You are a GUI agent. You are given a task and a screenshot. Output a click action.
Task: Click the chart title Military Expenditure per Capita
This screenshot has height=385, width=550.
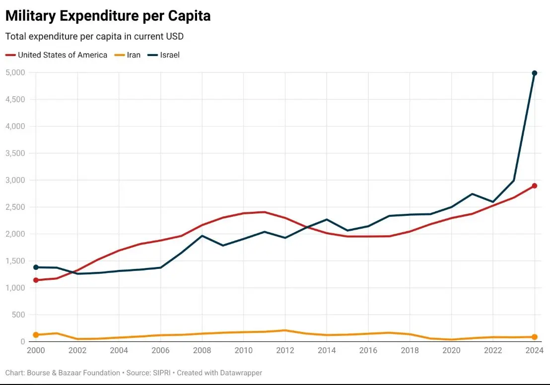pyautogui.click(x=108, y=16)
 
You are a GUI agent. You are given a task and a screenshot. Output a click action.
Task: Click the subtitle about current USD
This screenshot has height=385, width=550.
pyautogui.click(x=94, y=36)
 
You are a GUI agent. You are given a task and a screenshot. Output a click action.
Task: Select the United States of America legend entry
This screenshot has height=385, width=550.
pyautogui.click(x=62, y=55)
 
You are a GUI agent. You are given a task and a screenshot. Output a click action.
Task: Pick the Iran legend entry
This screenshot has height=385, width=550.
pyautogui.click(x=134, y=55)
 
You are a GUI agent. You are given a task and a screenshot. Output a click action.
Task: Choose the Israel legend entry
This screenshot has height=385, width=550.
pyautogui.click(x=169, y=55)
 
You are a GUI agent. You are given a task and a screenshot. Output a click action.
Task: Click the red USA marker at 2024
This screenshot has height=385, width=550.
pyautogui.click(x=534, y=186)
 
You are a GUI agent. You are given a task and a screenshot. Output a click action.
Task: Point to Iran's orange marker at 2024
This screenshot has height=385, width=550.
pyautogui.click(x=534, y=337)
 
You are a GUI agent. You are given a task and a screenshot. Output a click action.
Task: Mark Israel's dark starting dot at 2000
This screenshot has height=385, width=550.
pyautogui.click(x=36, y=267)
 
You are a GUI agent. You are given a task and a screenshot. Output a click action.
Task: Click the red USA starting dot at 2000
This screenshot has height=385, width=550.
pyautogui.click(x=36, y=280)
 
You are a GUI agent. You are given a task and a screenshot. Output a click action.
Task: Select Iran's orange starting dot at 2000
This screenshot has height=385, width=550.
pyautogui.click(x=36, y=335)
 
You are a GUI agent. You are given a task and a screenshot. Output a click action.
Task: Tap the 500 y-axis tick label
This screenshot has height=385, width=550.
pyautogui.click(x=18, y=315)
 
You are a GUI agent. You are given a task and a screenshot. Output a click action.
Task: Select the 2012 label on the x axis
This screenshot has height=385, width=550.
pyautogui.click(x=285, y=350)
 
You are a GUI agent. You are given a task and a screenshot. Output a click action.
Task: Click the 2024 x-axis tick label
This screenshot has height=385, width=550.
pyautogui.click(x=533, y=350)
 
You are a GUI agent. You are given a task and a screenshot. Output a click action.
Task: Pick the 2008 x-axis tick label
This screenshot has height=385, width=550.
pyautogui.click(x=202, y=350)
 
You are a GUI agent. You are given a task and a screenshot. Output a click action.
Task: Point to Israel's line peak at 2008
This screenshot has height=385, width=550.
pyautogui.click(x=202, y=236)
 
